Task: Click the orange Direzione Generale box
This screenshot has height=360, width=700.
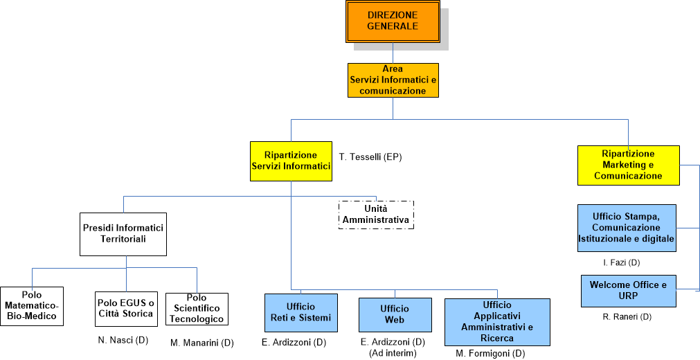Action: click(x=393, y=21)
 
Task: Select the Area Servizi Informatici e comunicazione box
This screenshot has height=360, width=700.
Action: click(x=393, y=80)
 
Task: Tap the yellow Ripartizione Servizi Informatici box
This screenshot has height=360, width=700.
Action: click(x=291, y=161)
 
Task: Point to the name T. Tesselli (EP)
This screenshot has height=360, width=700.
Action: click(x=370, y=157)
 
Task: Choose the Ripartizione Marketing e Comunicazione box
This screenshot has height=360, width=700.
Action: click(x=628, y=165)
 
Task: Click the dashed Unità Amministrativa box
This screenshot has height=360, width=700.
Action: click(x=376, y=215)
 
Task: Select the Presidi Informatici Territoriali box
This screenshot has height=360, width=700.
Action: click(x=123, y=233)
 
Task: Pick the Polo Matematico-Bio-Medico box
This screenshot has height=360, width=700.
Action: click(x=32, y=306)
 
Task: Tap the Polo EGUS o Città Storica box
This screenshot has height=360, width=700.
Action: click(x=125, y=309)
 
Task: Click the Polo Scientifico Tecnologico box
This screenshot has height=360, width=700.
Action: click(x=197, y=309)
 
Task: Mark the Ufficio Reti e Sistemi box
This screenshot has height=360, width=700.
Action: click(x=300, y=312)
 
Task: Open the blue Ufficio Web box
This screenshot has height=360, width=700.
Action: click(x=395, y=314)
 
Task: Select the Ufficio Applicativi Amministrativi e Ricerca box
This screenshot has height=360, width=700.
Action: click(x=497, y=322)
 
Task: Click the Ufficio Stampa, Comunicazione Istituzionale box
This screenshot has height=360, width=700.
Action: click(x=627, y=228)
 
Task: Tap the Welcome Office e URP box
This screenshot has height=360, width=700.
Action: click(x=628, y=291)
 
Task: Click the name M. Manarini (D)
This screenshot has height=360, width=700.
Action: click(x=202, y=343)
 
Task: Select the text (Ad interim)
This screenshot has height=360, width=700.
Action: click(x=393, y=353)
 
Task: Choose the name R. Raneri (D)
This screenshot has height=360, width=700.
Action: click(x=627, y=317)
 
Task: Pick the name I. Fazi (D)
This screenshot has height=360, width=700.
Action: click(x=621, y=263)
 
